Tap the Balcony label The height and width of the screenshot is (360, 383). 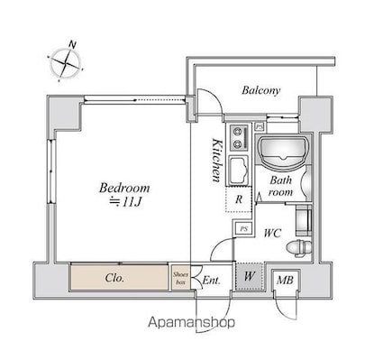pos(261,90)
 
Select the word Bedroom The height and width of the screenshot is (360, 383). pos(124,188)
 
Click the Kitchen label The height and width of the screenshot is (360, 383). pos(216,160)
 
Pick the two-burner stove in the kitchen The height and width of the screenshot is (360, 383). pos(240,138)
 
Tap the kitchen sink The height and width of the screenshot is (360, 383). pos(239,170)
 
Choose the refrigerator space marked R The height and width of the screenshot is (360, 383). pos(239,199)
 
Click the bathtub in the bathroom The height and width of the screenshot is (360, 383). pos(282,152)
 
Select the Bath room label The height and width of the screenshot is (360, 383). pos(280,186)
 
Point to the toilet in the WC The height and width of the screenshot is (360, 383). pos(299,248)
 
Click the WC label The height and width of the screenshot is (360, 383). pos(272,233)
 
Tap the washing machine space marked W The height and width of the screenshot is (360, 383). pos(250,276)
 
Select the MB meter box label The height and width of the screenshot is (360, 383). pos(285,281)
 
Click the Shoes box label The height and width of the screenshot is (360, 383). pos(180,278)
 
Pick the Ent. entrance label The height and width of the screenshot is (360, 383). pos(212,281)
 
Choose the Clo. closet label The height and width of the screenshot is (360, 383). pos(114,278)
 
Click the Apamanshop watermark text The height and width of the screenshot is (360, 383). pos(192,323)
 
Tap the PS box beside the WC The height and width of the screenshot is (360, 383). pos(244,229)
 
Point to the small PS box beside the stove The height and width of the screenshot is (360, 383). pos(259,127)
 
